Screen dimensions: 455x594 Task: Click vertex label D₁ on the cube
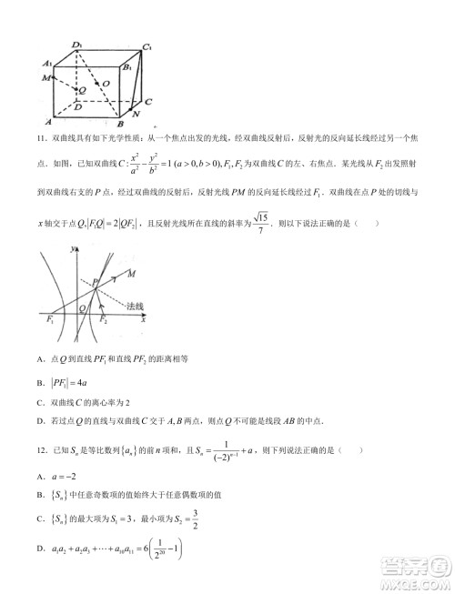tap(79, 45)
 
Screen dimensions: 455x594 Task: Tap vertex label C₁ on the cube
tap(147, 45)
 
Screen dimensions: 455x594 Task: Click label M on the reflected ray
tap(133, 273)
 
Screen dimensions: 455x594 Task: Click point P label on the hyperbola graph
tap(94, 283)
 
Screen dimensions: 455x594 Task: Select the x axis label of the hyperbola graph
tap(144, 320)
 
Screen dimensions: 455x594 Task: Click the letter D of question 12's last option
tap(41, 548)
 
